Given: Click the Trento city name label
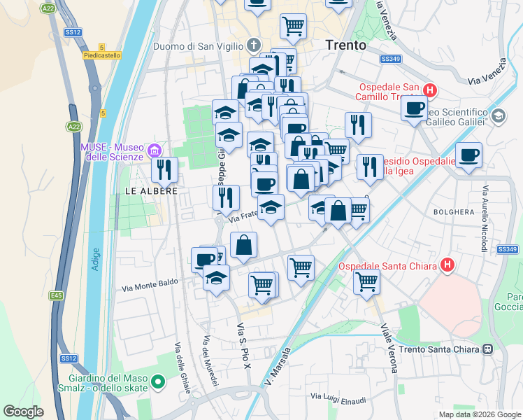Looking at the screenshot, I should (x=345, y=45).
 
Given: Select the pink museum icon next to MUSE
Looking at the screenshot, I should (x=155, y=150).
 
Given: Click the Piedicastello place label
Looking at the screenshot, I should (x=101, y=55).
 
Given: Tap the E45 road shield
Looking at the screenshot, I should (x=56, y=296).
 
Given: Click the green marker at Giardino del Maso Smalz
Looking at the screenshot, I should (x=158, y=382).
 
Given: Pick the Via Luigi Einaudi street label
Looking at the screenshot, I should (x=338, y=400).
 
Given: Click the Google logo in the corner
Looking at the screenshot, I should (x=24, y=412).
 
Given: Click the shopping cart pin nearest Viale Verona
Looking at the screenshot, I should (x=366, y=281).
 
